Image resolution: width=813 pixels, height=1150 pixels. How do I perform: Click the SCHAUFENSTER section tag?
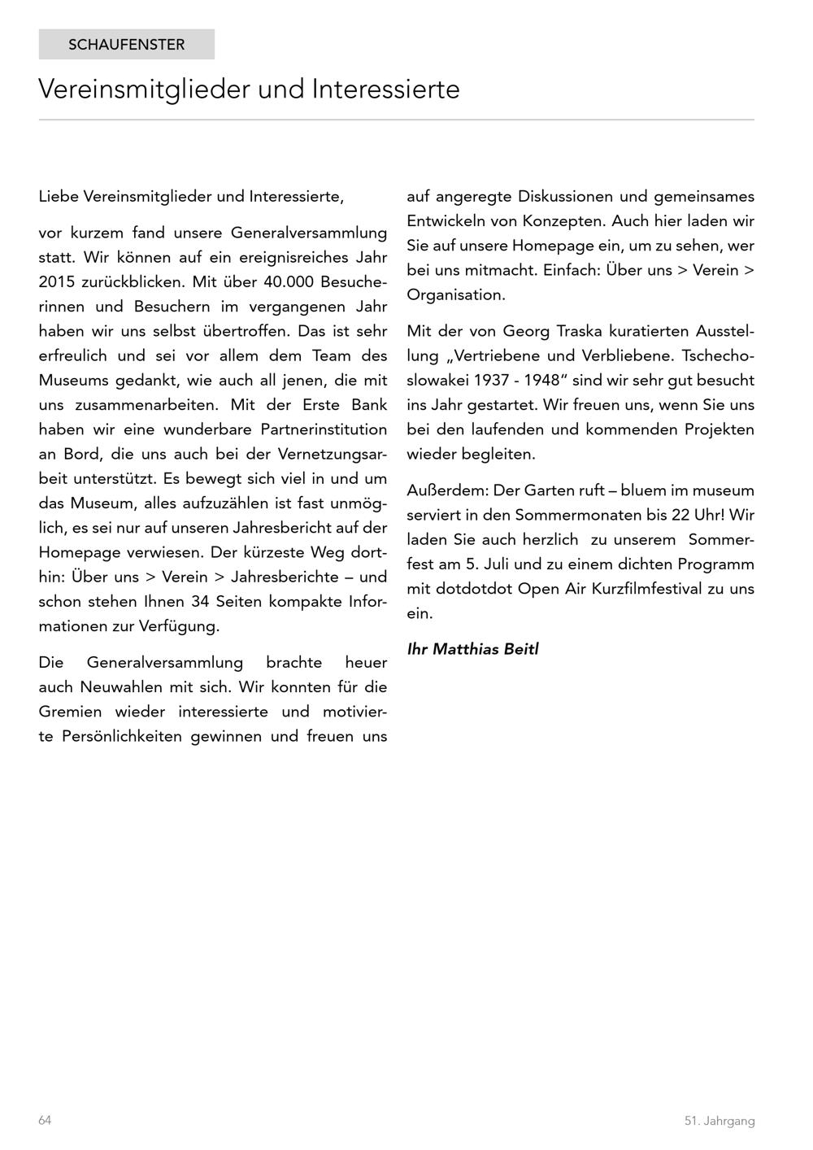pyautogui.click(x=126, y=45)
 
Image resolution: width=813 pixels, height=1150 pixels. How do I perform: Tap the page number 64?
pyautogui.click(x=45, y=1120)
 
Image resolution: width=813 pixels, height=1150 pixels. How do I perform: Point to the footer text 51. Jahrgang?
pyautogui.click(x=719, y=1121)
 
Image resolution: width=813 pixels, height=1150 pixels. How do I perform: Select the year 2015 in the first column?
pyautogui.click(x=57, y=282)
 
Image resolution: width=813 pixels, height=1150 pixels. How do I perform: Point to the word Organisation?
pyautogui.click(x=455, y=294)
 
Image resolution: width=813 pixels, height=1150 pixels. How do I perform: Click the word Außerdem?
pyautogui.click(x=447, y=490)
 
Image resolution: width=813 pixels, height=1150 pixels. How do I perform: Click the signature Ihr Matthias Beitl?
pyautogui.click(x=472, y=649)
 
